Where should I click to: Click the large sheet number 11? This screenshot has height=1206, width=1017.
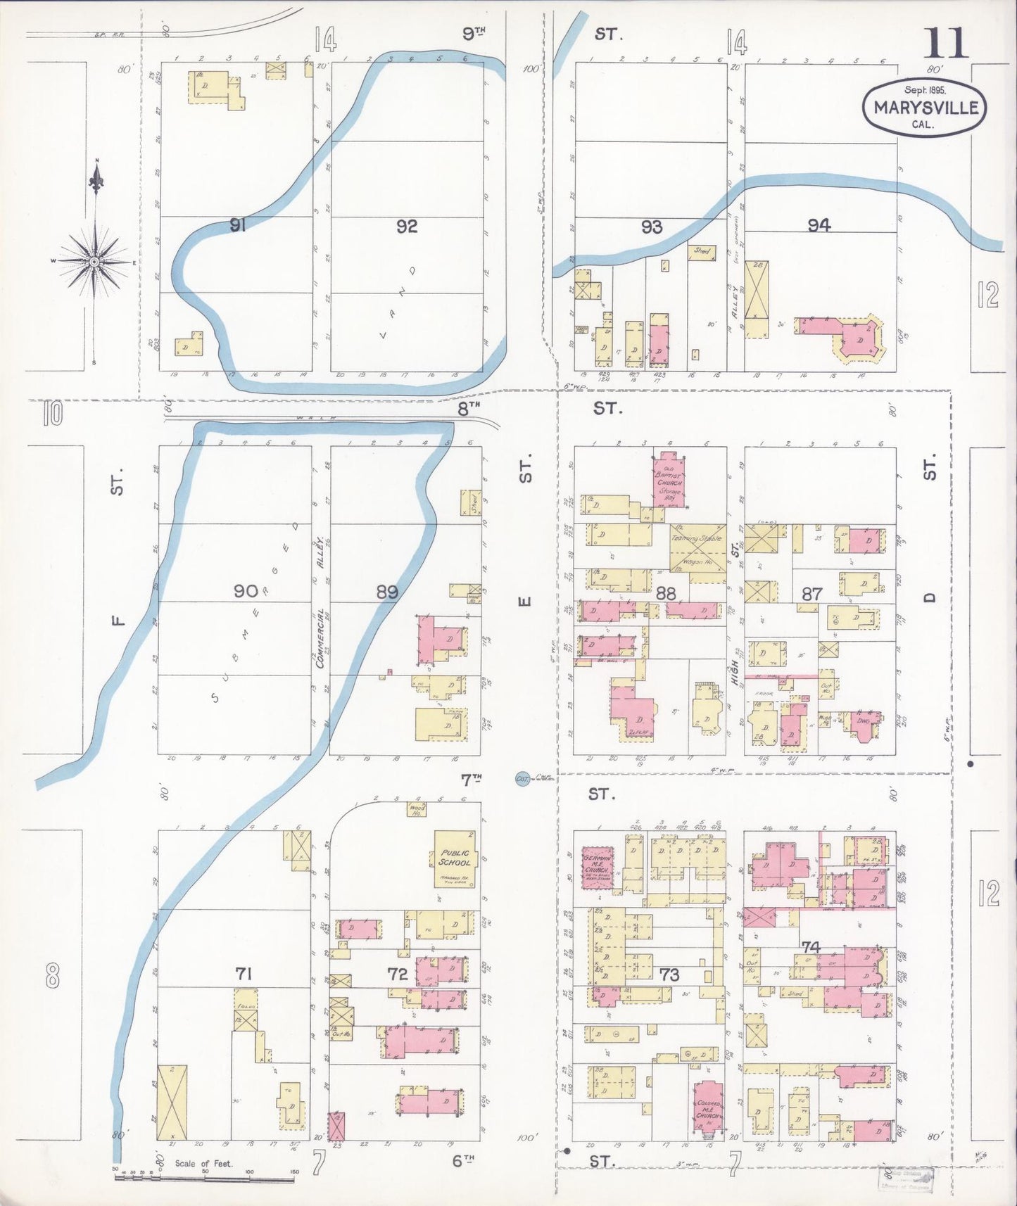pyautogui.click(x=945, y=43)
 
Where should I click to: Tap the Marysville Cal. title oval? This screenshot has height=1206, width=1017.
pyautogui.click(x=924, y=107)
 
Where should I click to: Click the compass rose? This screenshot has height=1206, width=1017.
pyautogui.click(x=94, y=262)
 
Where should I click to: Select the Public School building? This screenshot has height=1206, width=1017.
pyautogui.click(x=454, y=858)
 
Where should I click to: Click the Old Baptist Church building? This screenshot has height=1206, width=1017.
pyautogui.click(x=669, y=478)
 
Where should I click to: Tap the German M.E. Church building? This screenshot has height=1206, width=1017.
pyautogui.click(x=597, y=868)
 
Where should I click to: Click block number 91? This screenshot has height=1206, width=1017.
pyautogui.click(x=238, y=226)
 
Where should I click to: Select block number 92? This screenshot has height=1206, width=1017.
pyautogui.click(x=407, y=226)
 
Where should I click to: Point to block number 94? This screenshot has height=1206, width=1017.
pyautogui.click(x=819, y=224)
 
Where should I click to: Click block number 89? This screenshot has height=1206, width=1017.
pyautogui.click(x=387, y=592)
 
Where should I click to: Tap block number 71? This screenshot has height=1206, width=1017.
pyautogui.click(x=244, y=974)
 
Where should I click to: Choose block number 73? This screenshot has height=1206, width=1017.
pyautogui.click(x=670, y=975)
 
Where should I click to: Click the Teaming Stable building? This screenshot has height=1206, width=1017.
pyautogui.click(x=697, y=550)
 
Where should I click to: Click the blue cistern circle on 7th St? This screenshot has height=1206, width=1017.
pyautogui.click(x=522, y=778)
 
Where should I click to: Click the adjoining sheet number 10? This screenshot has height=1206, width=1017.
pyautogui.click(x=52, y=414)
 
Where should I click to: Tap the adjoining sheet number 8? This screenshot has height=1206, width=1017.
pyautogui.click(x=52, y=977)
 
